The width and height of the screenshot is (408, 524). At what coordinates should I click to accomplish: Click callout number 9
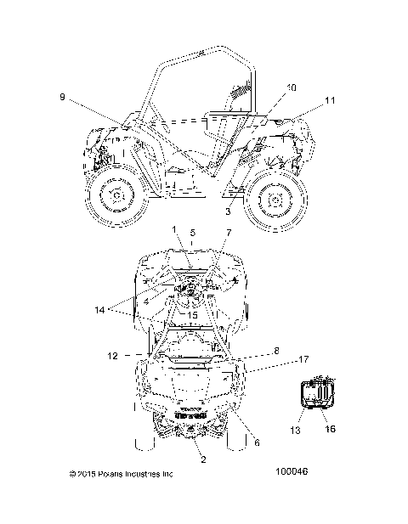(x=63, y=97)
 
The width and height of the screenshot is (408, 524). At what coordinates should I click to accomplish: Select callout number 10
(x=291, y=87)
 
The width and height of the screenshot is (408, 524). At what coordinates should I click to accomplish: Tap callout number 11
(x=330, y=100)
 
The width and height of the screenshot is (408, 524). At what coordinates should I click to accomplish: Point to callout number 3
(x=228, y=211)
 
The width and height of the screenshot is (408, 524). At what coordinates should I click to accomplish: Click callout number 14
(x=99, y=310)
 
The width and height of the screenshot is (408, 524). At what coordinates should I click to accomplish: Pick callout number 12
(x=113, y=356)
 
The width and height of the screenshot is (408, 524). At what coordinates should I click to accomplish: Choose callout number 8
(x=276, y=351)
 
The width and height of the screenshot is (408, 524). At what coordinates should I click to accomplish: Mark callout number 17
(x=303, y=359)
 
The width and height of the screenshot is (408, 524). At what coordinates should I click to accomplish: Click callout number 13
(x=295, y=430)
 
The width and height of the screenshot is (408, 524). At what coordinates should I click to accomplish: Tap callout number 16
(x=330, y=428)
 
